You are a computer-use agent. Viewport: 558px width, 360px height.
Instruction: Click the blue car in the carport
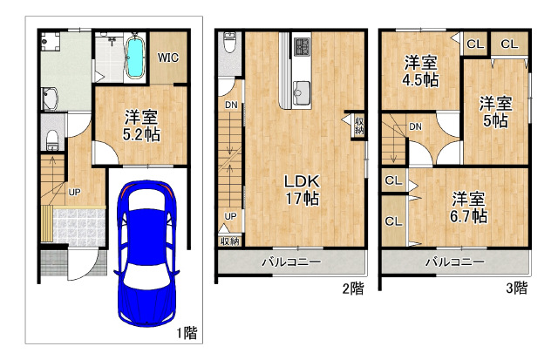point(146,254)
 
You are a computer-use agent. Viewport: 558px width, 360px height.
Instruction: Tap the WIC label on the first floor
point(168,58)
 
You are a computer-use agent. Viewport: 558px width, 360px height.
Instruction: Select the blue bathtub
point(135,57)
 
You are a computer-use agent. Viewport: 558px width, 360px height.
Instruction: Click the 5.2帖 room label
point(141,134)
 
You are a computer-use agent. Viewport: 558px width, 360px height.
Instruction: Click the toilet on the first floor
point(52,140)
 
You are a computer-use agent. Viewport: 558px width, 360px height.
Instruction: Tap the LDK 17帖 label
point(303,190)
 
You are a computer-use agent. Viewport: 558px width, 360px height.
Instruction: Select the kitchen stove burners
point(303,46)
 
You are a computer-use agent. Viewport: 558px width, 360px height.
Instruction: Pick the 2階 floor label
point(353,289)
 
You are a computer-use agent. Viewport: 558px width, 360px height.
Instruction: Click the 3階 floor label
point(516,288)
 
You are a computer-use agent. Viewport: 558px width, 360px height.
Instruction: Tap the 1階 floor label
point(187,333)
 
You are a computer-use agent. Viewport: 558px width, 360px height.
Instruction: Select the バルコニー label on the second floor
point(291,262)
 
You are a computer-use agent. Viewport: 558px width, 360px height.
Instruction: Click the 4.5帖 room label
point(420,80)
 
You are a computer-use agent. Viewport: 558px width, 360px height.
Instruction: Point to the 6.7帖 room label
point(469,216)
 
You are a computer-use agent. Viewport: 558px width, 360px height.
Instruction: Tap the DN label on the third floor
point(415,126)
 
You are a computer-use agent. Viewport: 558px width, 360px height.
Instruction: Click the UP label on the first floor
point(74,193)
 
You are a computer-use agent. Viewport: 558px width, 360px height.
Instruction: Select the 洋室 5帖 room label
point(495,112)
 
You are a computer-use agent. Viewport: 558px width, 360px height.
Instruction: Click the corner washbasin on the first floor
point(51,98)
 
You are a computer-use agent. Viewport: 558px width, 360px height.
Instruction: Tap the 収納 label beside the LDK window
point(358,126)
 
